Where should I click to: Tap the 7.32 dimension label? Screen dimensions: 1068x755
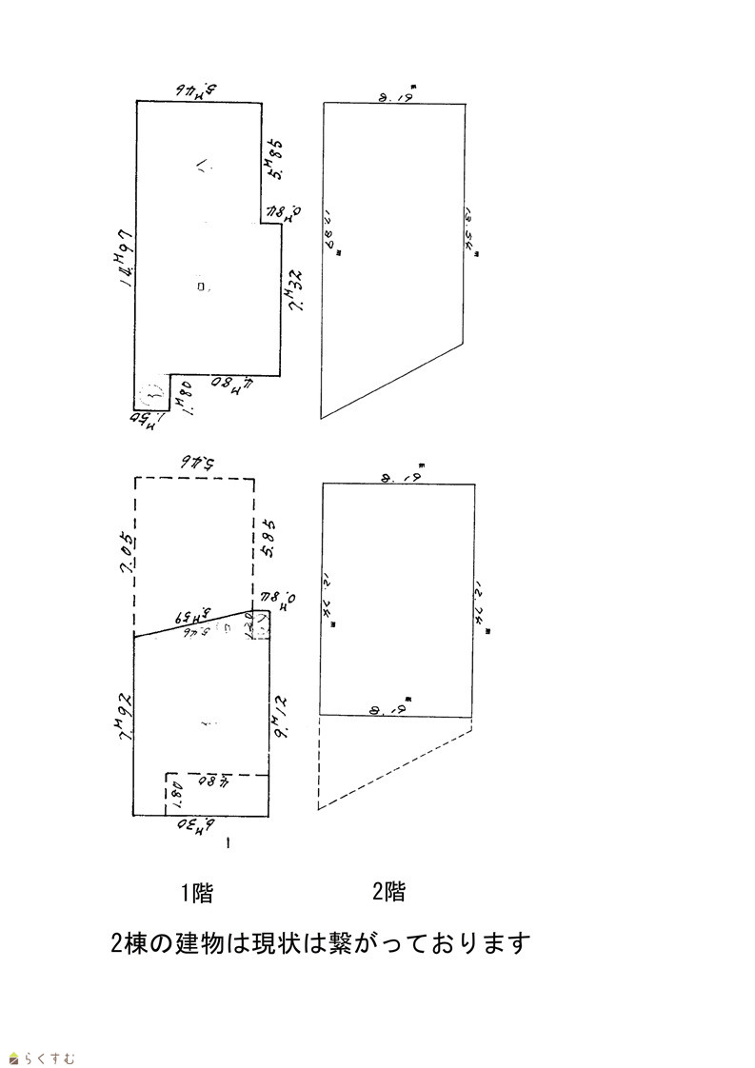[295, 291]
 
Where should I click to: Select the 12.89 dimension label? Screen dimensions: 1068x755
[333, 234]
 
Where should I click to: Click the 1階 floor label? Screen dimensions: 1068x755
[197, 893]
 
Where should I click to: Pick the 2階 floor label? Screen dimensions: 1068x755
[388, 892]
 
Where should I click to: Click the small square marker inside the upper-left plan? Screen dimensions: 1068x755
[200, 286]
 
